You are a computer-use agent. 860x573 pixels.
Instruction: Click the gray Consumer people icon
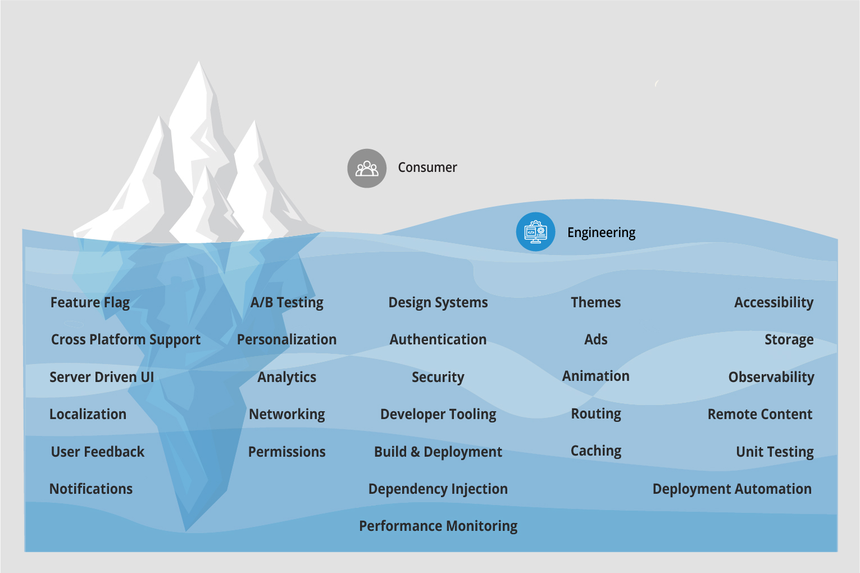367,168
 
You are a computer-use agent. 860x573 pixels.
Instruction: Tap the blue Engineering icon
535,231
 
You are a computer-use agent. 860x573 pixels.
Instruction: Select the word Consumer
427,167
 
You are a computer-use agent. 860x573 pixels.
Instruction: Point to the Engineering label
601,233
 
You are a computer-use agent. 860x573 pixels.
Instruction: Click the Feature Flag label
90,303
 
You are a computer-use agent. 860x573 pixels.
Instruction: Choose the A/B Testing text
286,303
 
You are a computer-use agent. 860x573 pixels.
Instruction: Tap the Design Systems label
438,303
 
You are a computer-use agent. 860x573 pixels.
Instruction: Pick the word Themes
595,302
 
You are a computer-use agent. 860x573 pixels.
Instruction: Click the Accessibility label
773,303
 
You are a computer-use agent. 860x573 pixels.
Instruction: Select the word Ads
595,339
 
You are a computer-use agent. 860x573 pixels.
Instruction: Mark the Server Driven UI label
102,377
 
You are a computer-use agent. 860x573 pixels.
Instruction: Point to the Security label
438,377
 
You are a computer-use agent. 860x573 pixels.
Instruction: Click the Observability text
771,377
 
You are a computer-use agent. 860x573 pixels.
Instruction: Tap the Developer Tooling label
438,415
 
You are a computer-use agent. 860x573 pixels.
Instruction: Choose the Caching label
595,451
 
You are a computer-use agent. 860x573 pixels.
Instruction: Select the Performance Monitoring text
438,526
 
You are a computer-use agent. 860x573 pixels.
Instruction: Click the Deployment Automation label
731,489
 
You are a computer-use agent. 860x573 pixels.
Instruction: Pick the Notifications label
91,489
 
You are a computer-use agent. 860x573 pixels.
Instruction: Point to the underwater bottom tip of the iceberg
186,528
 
